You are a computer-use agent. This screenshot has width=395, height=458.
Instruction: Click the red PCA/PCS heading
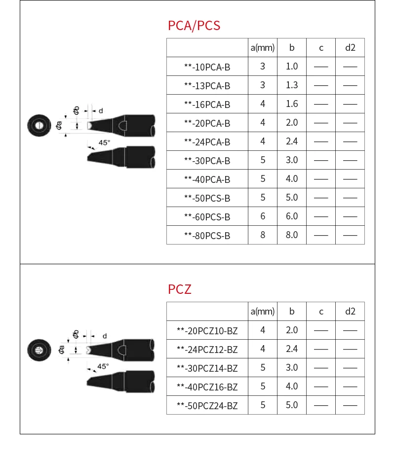pos(194,26)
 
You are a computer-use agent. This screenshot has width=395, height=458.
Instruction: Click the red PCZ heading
pos(180,289)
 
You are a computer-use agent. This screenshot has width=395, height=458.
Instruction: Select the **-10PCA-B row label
pos(207,67)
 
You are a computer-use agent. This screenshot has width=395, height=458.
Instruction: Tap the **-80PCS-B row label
pos(207,236)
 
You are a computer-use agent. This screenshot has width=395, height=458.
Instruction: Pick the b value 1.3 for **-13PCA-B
pos(292,85)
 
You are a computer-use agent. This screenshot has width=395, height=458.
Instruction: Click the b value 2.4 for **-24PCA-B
pos(292,141)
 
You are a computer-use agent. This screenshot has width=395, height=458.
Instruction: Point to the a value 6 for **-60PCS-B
pos(263,216)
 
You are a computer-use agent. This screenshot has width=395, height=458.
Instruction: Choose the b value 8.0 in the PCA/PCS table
pos(292,235)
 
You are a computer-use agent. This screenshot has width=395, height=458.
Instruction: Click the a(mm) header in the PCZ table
pos(263,312)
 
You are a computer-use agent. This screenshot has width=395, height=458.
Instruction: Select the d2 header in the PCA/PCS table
pos(350,48)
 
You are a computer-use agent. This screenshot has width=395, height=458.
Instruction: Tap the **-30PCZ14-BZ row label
pos(207,368)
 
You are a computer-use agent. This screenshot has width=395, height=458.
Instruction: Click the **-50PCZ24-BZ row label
pos(207,405)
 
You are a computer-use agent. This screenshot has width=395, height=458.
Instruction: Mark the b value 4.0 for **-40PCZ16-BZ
pos(292,386)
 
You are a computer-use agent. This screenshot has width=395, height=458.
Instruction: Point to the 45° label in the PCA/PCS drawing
pos(104,142)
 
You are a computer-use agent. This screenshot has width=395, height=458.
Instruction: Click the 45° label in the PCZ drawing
pos(103,366)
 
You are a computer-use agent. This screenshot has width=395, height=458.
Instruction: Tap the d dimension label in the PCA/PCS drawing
pos(101,111)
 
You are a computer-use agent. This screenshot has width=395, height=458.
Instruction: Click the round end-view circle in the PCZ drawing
pos(39,350)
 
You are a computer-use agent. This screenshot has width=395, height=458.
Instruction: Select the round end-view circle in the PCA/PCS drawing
pos(39,125)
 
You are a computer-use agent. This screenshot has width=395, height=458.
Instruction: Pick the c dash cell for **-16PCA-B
pos(321,104)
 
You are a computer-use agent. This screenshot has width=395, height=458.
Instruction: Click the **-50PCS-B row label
pos(207,198)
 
